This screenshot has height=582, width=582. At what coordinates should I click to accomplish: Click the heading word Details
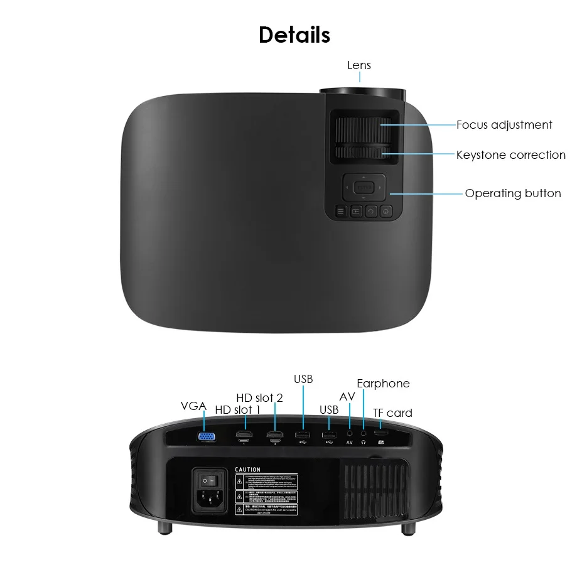[294, 35]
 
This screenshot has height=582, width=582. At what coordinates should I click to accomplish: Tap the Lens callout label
[359, 65]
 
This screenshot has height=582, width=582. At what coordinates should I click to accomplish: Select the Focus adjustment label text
[504, 125]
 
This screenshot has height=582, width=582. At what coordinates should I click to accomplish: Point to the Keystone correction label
[510, 155]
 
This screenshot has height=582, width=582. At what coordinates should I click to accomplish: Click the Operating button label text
[512, 193]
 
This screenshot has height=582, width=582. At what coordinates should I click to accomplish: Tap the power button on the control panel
[385, 212]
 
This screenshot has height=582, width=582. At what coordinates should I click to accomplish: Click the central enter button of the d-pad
[363, 186]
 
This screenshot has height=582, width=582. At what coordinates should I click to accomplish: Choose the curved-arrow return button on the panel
[371, 212]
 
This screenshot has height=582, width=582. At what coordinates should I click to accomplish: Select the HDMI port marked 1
[244, 435]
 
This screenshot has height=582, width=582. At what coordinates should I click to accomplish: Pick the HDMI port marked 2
[274, 435]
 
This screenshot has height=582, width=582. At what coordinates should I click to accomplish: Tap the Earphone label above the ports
[383, 384]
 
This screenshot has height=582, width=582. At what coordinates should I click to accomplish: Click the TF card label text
[392, 413]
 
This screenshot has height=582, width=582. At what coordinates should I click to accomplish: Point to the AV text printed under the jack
[350, 443]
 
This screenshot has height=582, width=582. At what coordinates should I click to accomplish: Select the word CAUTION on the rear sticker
[247, 470]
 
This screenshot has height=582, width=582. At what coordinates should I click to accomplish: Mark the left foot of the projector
[164, 529]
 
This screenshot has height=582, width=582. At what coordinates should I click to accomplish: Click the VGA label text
[193, 406]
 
